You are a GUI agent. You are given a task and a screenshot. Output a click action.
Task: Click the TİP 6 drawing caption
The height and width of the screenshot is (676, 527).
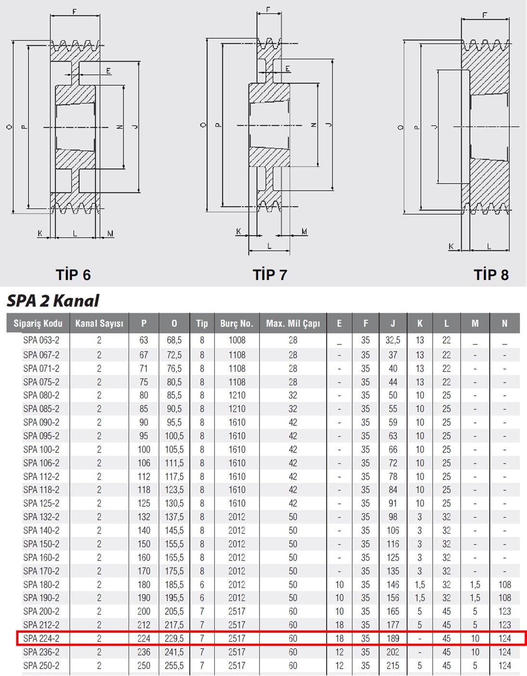coord(73,275)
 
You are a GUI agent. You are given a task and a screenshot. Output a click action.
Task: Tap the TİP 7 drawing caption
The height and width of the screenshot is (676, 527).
coord(270,275)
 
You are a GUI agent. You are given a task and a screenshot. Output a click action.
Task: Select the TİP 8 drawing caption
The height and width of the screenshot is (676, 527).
coord(491,275)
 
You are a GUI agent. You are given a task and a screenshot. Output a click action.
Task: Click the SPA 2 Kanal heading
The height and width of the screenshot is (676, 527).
coord(53,301)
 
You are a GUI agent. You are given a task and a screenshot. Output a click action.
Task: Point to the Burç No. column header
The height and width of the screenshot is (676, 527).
coord(237,323)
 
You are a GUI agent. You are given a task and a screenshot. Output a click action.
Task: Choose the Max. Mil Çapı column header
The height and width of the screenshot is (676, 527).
coord(293,323)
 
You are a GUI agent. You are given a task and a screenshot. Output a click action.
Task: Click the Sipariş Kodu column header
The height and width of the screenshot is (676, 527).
coord(38,323)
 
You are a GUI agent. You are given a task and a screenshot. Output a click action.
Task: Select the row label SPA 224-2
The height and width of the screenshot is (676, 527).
coord(41,638)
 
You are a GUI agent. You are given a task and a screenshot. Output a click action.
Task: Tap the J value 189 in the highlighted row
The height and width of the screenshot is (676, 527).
coord(393,638)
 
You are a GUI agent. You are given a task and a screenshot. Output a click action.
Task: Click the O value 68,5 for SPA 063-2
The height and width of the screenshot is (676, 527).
coord(174,340)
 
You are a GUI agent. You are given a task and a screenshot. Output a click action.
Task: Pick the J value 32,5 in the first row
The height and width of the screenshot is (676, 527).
coord(393,340)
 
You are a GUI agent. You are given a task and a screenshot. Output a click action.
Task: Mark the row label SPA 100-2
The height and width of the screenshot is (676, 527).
coord(41,450)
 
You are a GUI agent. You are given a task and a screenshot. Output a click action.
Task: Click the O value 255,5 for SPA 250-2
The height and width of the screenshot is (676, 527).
coord(174,666)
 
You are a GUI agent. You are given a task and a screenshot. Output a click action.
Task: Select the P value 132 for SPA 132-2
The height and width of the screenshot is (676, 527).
coord(144,517)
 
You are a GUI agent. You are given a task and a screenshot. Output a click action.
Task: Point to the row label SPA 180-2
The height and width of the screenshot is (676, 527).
coord(41,585)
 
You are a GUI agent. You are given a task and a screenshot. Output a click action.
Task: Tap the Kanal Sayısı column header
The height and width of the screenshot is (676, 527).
coord(99,323)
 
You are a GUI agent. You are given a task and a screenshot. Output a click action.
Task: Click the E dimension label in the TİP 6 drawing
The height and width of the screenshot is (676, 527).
coord(108,71)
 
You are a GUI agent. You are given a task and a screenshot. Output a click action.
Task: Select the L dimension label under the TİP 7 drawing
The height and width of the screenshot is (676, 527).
coord(270,246)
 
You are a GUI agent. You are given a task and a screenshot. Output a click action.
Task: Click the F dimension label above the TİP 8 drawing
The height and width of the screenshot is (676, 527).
coord(485,15)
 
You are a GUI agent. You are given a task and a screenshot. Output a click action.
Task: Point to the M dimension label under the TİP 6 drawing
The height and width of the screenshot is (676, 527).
coord(110,233)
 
